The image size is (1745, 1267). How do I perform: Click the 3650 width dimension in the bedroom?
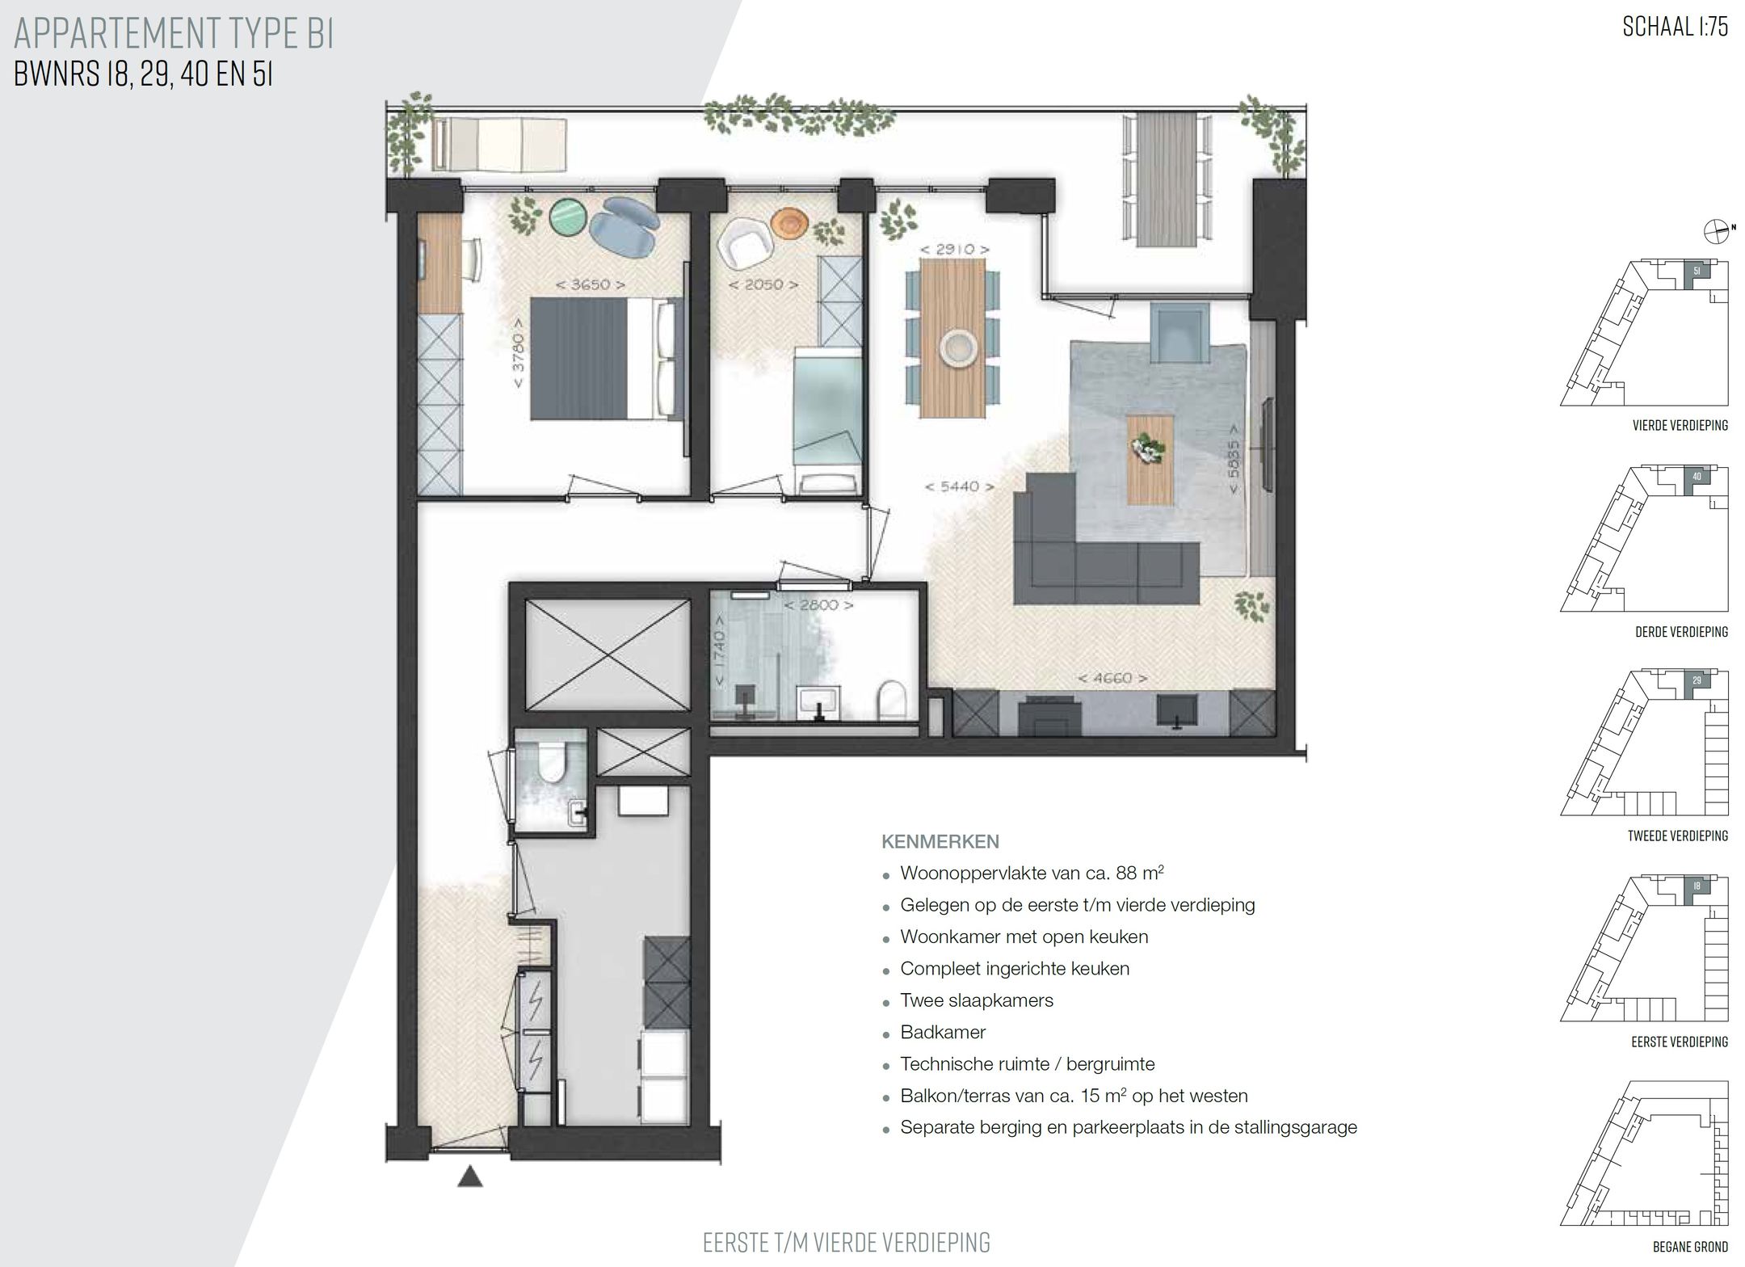click(591, 284)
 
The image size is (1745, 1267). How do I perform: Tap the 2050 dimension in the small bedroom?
click(763, 284)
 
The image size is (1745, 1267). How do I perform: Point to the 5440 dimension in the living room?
click(959, 486)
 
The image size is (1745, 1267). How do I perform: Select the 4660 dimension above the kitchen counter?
click(1112, 679)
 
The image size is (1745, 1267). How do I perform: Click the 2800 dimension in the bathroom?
click(818, 604)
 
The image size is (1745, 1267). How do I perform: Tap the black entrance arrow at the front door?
click(470, 1177)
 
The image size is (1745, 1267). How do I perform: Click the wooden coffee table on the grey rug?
click(1150, 459)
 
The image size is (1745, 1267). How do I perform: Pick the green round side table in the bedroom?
click(569, 217)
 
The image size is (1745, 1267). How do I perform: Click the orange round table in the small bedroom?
click(788, 223)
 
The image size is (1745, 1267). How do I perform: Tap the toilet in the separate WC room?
click(552, 764)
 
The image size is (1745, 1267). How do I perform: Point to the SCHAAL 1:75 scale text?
click(1675, 27)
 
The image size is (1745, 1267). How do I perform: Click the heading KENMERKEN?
click(940, 842)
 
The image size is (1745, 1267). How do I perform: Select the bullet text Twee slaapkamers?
click(976, 1000)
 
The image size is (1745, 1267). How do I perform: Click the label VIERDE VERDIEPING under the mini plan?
click(1680, 425)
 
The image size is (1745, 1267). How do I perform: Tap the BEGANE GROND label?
click(1690, 1247)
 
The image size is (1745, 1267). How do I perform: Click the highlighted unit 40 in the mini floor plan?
click(1697, 477)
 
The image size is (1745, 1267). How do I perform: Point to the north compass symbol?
click(1714, 232)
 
